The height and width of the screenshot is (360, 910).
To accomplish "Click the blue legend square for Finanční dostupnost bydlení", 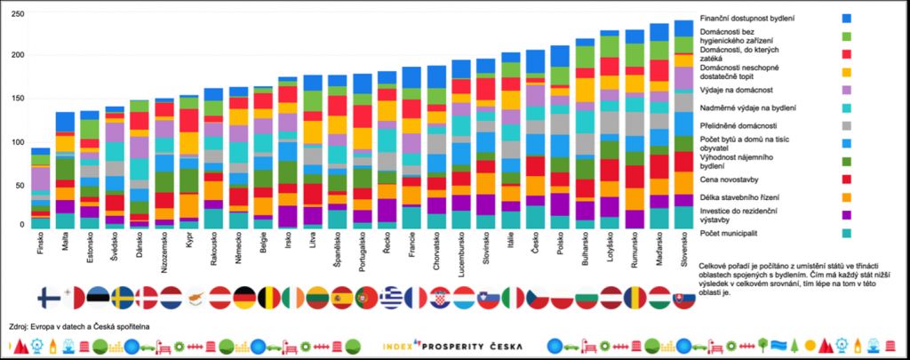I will tap(846, 18).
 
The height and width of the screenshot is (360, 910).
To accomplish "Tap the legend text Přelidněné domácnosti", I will tap(738, 124).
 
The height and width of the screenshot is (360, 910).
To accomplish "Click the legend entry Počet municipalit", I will tap(730, 233).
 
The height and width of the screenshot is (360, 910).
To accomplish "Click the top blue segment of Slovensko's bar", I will tap(683, 28).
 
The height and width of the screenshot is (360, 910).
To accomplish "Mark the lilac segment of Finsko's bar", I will tap(41, 178).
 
